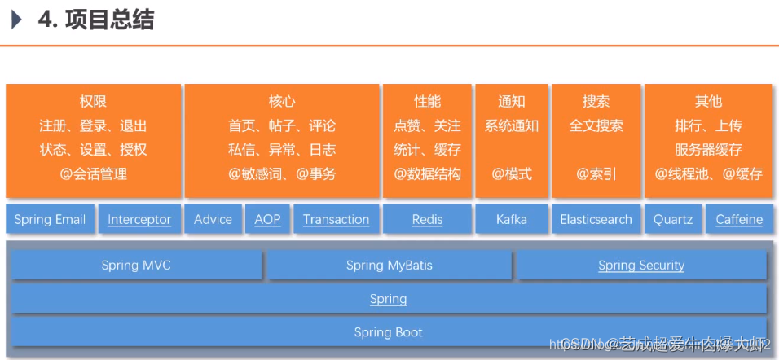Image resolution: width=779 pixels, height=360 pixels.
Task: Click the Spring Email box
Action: (50, 220)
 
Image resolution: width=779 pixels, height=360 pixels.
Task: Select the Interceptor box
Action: (139, 220)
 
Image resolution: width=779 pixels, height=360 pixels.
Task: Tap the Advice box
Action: (213, 220)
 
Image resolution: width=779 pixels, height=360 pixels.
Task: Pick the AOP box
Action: (267, 220)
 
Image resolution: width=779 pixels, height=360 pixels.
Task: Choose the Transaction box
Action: (336, 220)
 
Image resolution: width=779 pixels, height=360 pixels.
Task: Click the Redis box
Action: (427, 220)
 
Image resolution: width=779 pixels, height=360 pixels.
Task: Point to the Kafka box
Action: (512, 220)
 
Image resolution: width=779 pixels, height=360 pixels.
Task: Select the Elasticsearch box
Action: (596, 220)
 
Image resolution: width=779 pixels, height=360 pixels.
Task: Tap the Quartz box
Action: (673, 220)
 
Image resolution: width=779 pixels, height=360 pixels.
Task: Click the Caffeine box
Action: (739, 220)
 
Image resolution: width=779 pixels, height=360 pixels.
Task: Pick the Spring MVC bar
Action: (136, 266)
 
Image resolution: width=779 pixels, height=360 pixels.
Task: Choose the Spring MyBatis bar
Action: (388, 266)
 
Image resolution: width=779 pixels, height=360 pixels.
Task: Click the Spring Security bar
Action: (641, 266)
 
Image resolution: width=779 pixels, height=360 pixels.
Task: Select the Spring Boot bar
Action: (388, 332)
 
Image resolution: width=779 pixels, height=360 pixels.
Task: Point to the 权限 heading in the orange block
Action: (93, 102)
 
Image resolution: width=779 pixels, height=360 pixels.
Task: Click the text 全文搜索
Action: (596, 126)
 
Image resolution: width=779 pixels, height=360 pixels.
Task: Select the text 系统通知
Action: (512, 126)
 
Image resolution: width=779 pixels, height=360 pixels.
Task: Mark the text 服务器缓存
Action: (708, 150)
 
